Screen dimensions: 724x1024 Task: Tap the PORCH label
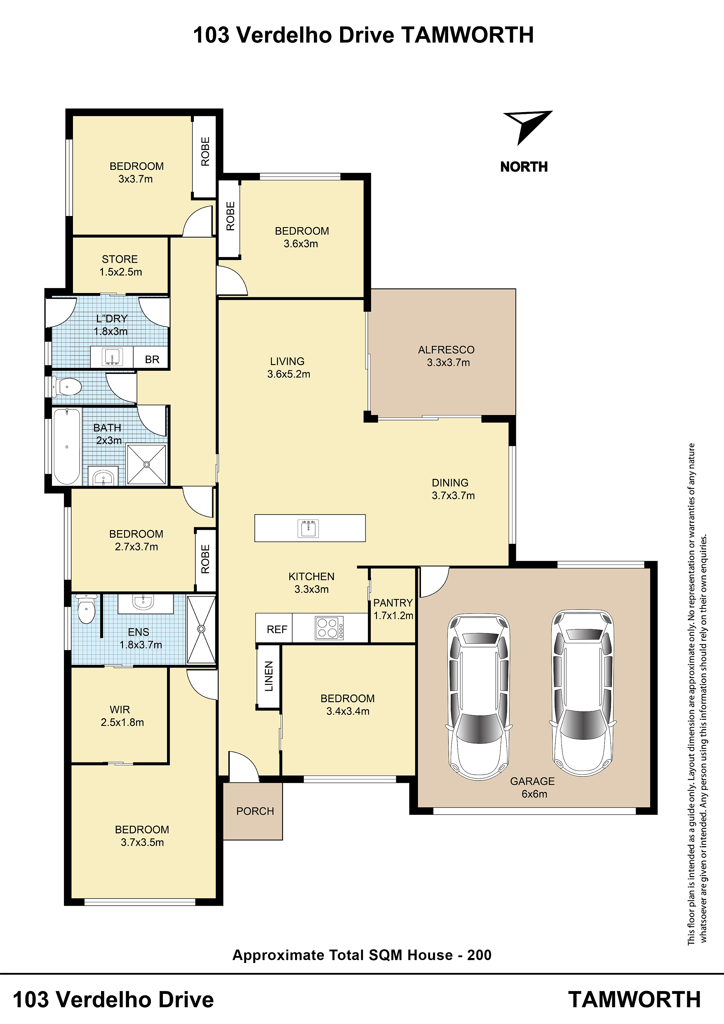255,811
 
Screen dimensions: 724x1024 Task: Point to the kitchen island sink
308,529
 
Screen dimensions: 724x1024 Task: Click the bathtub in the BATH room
67,446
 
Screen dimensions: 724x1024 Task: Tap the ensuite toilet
86,608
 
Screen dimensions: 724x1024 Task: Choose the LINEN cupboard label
269,676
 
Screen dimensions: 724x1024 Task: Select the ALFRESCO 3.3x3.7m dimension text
448,363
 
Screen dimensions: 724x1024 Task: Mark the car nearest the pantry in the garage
479,697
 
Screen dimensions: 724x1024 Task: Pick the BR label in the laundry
152,359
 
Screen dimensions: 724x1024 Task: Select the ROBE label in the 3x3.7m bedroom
205,151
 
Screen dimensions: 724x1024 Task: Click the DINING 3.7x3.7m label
452,489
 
